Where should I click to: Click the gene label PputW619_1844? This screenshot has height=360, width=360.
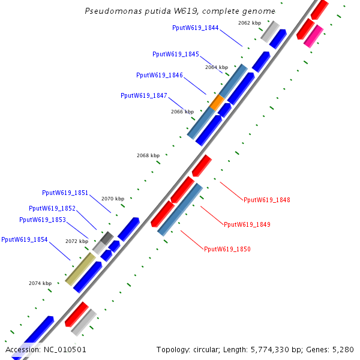(195, 28)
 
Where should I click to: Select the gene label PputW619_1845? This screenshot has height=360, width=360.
(176, 54)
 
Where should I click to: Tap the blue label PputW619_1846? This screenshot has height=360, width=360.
(160, 75)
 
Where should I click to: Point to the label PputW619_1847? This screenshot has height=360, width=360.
(144, 95)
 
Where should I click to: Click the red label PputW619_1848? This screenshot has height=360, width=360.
(267, 200)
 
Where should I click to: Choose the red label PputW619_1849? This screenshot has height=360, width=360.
(247, 224)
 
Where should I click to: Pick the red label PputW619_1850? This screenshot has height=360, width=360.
(227, 249)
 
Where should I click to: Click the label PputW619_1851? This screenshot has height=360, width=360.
(65, 193)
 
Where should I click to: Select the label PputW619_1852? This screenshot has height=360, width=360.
(52, 208)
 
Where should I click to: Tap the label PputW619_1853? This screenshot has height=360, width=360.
(43, 220)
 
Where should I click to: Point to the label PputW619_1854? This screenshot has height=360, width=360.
(25, 239)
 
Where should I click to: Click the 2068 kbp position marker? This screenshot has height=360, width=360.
(148, 155)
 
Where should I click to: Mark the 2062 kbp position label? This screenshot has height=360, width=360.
(250, 23)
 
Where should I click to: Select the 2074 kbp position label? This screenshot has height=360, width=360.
(40, 283)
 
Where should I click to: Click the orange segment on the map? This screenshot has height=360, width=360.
(217, 103)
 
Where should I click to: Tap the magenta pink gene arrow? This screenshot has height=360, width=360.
(313, 37)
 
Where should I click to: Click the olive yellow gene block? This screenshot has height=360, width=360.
(80, 269)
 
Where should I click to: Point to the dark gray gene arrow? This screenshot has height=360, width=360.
(106, 238)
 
